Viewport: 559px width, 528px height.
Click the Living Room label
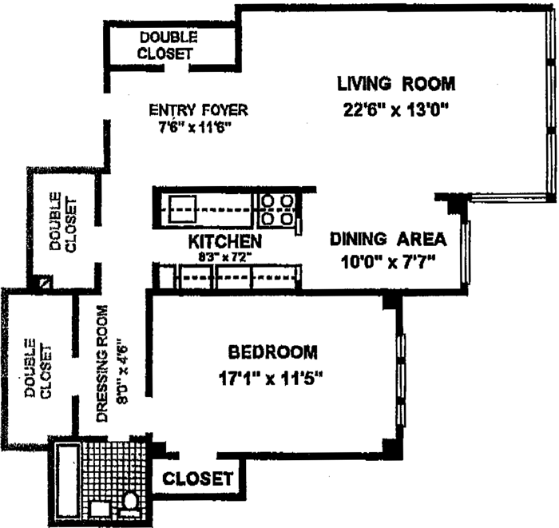pos(396,84)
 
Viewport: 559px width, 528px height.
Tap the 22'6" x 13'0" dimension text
pos(395,109)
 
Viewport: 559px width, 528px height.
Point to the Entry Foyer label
pos(198,109)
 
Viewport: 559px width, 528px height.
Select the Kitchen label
pos(225,241)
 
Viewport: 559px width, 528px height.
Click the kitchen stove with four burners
pos(277,210)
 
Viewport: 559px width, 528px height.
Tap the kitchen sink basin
pos(183,209)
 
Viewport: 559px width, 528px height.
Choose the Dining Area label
pos(388,239)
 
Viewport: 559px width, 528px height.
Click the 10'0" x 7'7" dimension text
pos(388,263)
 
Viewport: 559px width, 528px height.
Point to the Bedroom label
pos(273,352)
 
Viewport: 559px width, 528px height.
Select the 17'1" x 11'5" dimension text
pos(271,378)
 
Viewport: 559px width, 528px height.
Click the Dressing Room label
pos(102,363)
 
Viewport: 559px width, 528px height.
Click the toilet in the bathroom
pos(130,499)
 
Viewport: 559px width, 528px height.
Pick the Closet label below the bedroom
pos(198,478)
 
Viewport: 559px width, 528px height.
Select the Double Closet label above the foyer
pos(166,46)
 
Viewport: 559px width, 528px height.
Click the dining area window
pos(466,252)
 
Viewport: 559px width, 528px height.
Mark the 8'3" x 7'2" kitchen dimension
pos(225,256)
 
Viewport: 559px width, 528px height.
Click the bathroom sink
pos(100,509)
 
